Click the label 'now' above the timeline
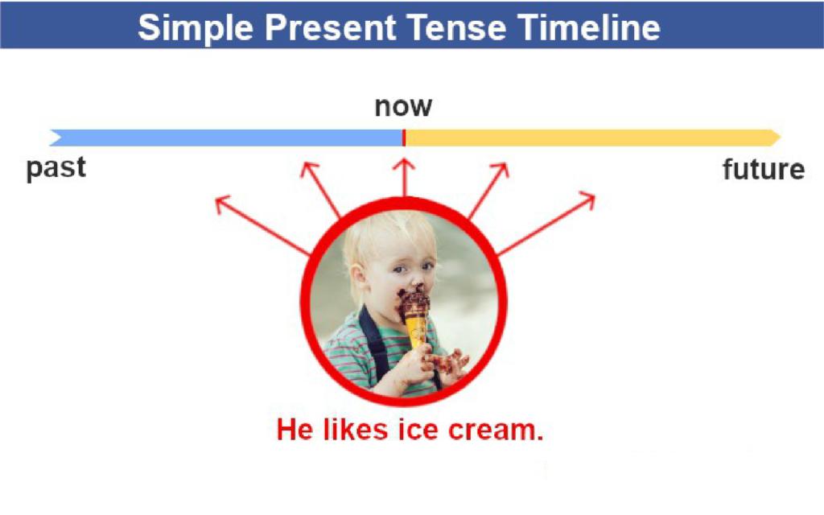[x=403, y=107]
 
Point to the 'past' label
[x=56, y=169]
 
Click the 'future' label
[x=764, y=169]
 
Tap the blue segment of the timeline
[x=226, y=138]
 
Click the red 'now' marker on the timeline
[x=404, y=138]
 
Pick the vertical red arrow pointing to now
[x=404, y=178]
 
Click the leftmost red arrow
[x=263, y=225]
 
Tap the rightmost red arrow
[x=546, y=225]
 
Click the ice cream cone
[x=416, y=318]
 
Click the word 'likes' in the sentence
[x=355, y=430]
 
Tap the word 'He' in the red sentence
[x=295, y=430]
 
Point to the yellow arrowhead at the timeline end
[x=776, y=138]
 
